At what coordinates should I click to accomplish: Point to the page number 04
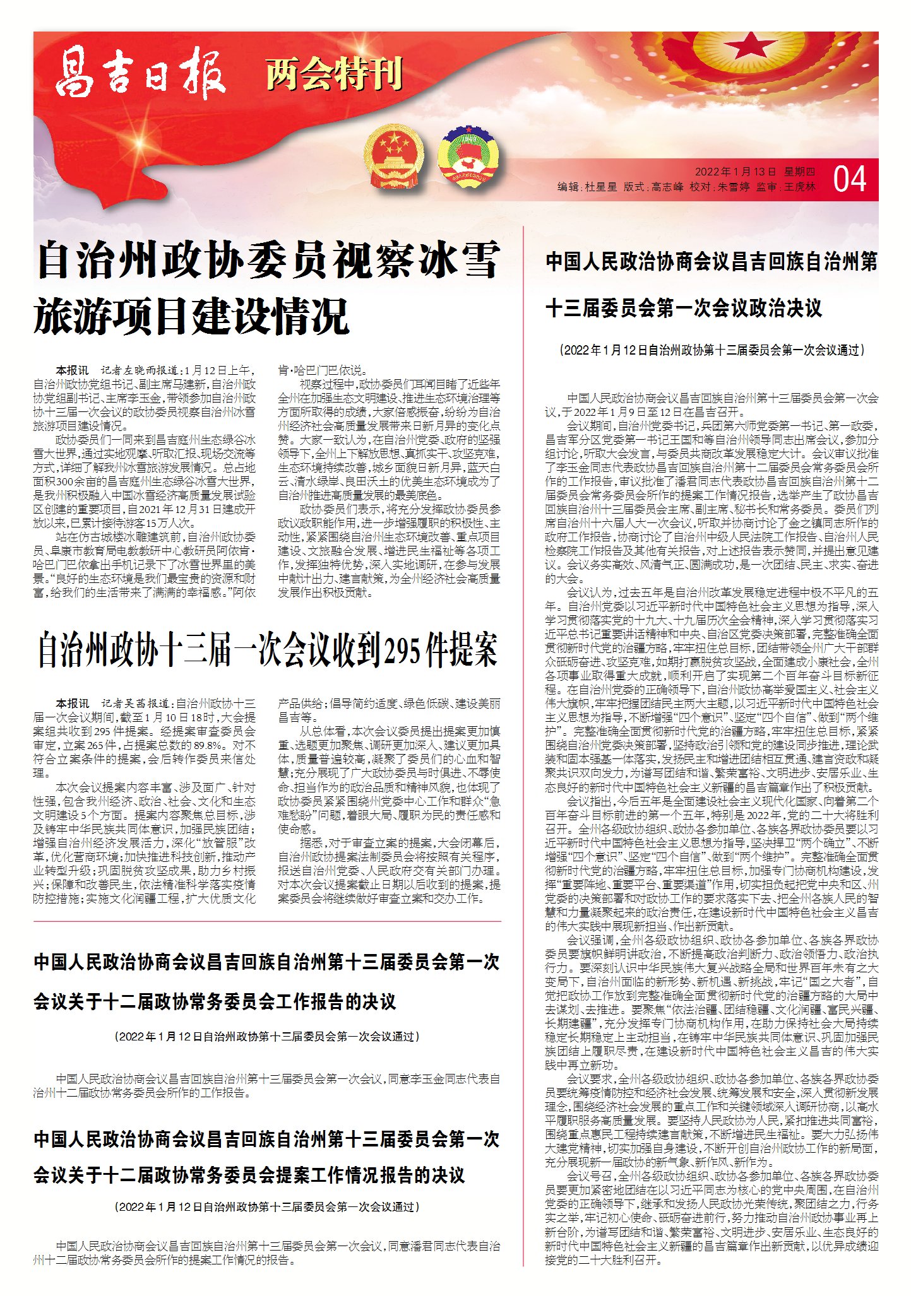click(849, 180)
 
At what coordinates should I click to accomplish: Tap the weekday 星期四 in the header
click(800, 172)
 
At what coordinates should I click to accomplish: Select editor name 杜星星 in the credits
click(601, 187)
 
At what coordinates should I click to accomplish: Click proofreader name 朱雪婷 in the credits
click(734, 187)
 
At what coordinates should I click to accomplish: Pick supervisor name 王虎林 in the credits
click(799, 187)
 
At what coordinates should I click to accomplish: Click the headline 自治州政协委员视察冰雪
click(268, 261)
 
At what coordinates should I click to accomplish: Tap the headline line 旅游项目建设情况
click(191, 316)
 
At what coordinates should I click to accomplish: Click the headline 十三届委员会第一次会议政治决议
click(684, 309)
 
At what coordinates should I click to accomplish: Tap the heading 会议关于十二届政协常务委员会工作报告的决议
click(215, 1001)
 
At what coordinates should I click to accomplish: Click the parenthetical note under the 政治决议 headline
click(712, 350)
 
